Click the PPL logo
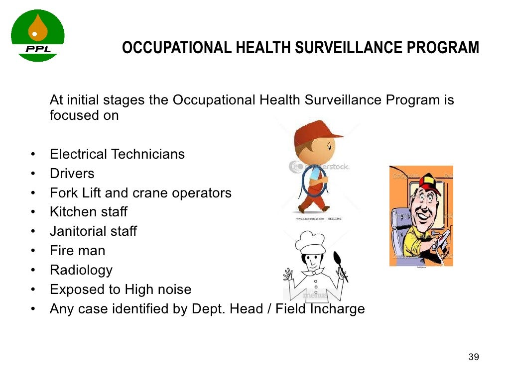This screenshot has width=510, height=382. click(38, 36)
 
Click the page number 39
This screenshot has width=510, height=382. click(474, 357)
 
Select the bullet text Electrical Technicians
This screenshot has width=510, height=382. click(117, 154)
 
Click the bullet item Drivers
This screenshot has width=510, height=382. click(72, 174)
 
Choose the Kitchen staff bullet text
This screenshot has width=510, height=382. click(88, 212)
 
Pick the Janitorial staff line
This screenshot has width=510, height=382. click(93, 231)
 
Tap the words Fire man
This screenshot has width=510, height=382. click(77, 251)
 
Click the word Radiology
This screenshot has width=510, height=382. click(81, 270)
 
